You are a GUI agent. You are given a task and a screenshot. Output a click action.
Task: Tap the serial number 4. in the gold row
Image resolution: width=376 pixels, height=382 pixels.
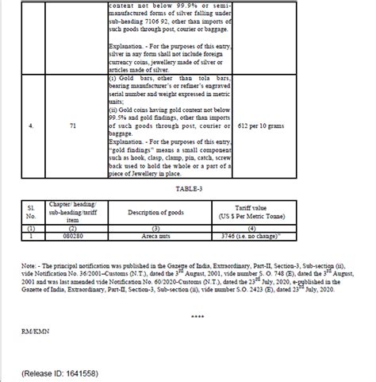[x=30, y=125]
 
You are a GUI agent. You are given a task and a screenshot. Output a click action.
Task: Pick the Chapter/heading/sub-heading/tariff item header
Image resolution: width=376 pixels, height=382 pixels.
[x=71, y=212]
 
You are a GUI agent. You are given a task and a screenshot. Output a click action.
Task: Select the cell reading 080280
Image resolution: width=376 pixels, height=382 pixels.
[x=71, y=236]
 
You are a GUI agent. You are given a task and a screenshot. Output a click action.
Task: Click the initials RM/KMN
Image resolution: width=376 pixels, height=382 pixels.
[x=36, y=326]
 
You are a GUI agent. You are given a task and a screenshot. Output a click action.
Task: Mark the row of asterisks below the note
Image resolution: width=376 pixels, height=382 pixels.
[x=198, y=315]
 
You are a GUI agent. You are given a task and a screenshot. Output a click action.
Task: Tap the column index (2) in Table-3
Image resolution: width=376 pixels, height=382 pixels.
[x=71, y=228]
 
